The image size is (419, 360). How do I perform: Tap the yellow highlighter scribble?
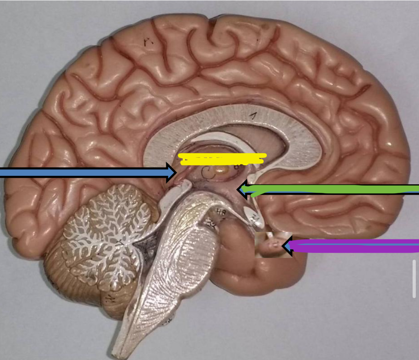point(222,159)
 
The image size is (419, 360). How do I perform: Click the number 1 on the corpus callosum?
point(253,115)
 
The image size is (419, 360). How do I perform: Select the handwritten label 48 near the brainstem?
point(221,212)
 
